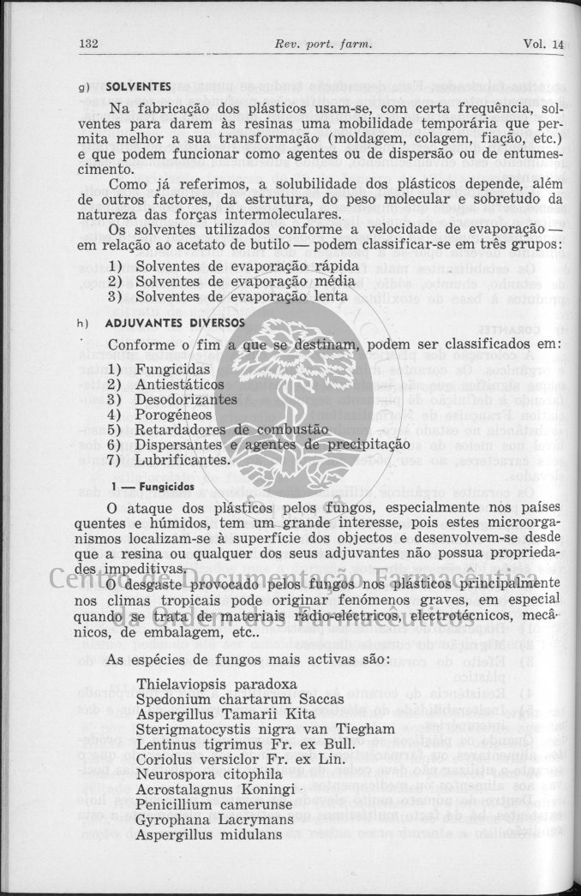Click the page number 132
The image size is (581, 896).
(90, 45)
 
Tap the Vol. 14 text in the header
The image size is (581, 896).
(543, 45)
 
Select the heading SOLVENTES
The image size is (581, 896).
(138, 87)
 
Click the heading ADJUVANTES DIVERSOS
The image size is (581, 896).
(174, 324)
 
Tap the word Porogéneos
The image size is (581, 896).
(173, 415)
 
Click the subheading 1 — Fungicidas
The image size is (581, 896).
(152, 487)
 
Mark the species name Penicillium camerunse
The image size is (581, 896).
(216, 805)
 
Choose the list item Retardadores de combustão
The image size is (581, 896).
(231, 430)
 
